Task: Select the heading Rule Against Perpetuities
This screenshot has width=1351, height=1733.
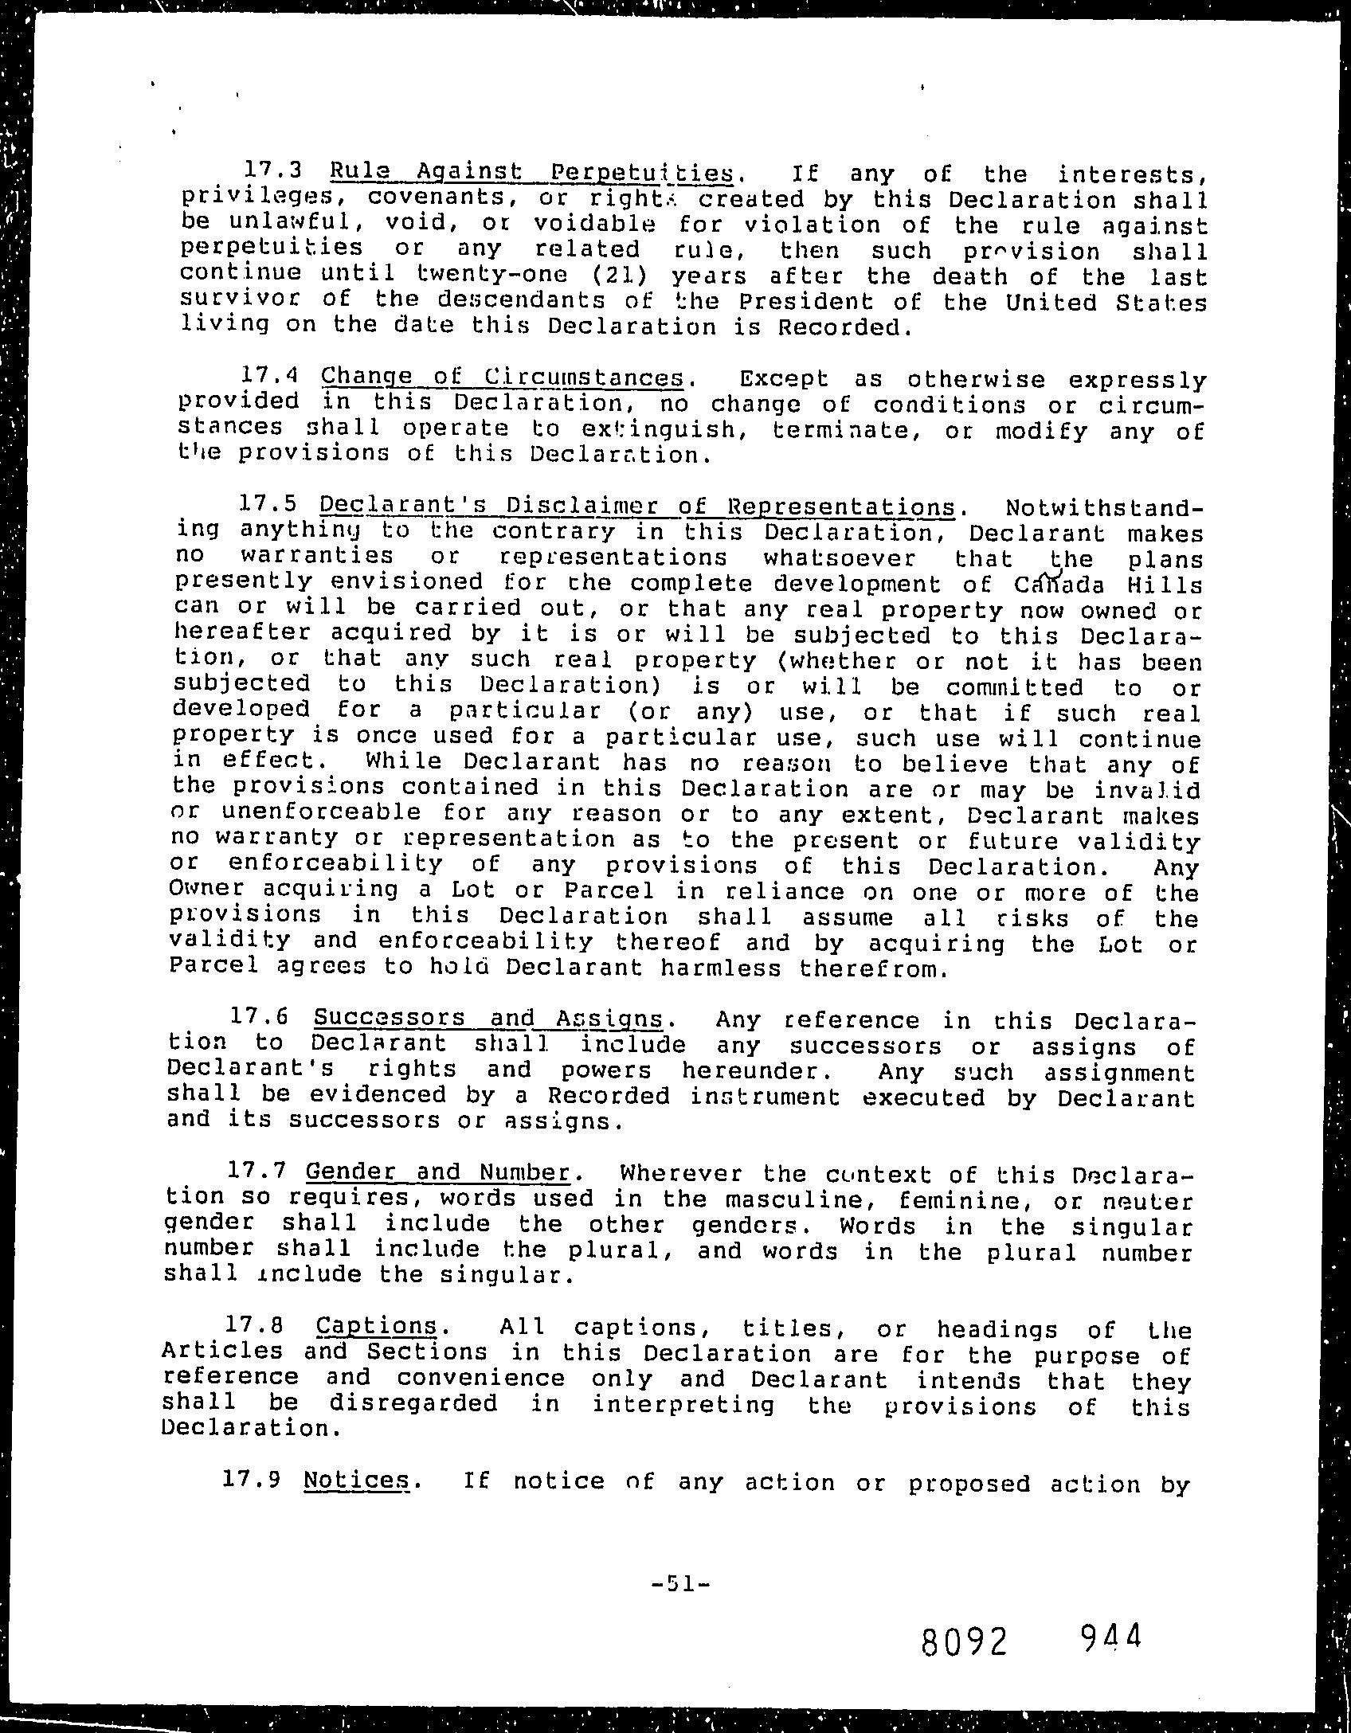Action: pos(531,172)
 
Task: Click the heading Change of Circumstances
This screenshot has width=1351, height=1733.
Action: pos(503,377)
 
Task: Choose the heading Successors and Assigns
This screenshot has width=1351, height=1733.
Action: pos(488,1019)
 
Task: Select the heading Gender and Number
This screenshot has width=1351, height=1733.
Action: pos(438,1172)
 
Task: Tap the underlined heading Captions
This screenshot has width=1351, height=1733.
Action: pos(377,1326)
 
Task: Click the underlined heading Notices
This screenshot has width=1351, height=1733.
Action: pos(356,1480)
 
